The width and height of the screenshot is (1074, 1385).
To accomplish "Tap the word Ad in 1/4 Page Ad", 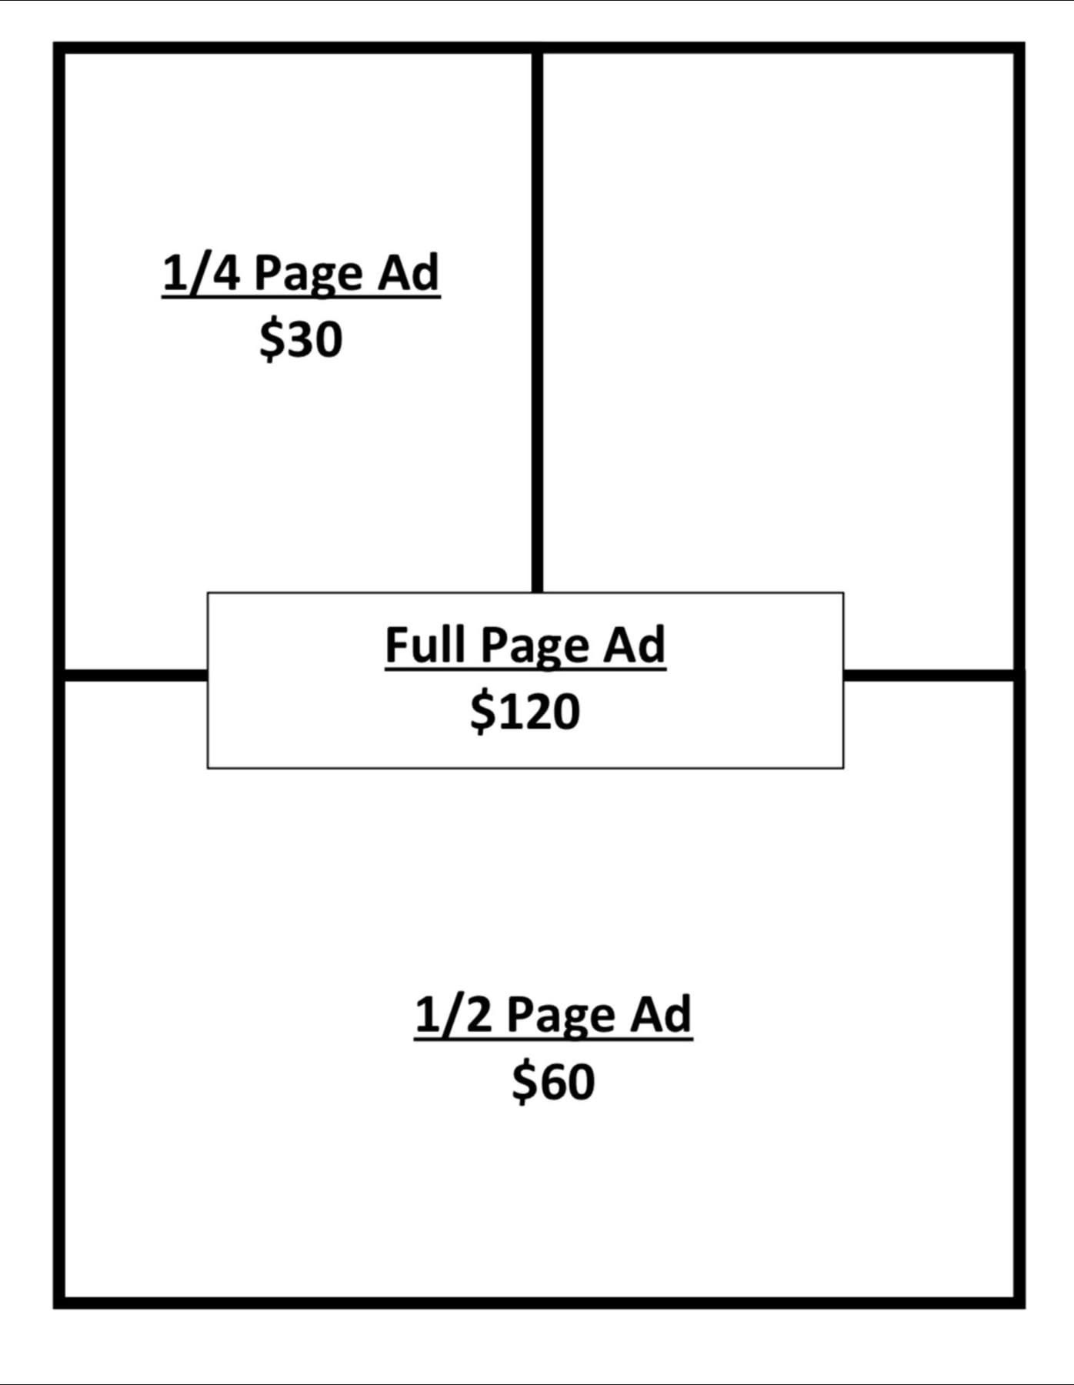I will [x=408, y=272].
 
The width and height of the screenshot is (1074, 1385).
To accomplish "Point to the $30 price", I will [x=301, y=339].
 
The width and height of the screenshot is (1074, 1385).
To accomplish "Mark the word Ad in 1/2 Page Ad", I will [x=661, y=1014].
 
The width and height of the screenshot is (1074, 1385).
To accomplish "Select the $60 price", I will [x=553, y=1081].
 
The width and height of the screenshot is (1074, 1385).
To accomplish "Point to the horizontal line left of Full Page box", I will [x=135, y=675].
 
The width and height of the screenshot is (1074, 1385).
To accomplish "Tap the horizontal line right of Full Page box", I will [x=929, y=675].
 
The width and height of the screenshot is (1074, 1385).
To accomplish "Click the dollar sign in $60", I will [x=523, y=1081].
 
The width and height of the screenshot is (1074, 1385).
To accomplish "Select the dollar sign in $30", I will [x=271, y=339].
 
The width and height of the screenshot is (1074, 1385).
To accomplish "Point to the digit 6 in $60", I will [x=552, y=1081].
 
